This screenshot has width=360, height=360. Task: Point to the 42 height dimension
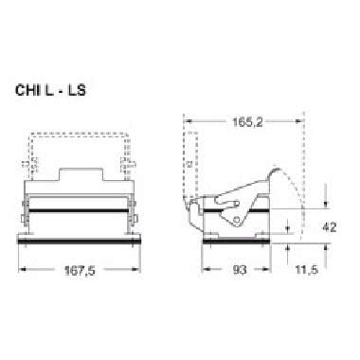click(x=328, y=227)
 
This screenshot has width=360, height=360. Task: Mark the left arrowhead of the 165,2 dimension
click(x=187, y=121)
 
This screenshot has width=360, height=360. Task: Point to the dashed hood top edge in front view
click(x=76, y=135)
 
